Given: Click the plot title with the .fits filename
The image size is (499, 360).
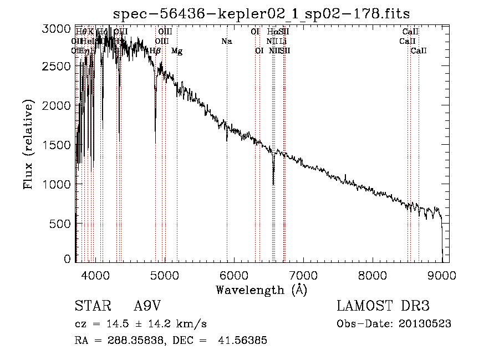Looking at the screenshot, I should click(x=261, y=13).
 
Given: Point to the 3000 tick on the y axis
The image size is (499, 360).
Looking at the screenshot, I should click(x=57, y=29).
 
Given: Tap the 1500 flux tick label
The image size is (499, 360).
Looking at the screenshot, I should click(x=57, y=145).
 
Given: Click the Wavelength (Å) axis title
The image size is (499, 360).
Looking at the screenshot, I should click(x=261, y=290).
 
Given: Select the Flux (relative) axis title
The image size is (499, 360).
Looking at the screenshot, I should click(x=28, y=144).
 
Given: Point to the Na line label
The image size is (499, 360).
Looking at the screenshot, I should click(x=226, y=41).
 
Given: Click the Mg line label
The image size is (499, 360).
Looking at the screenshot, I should click(x=177, y=51).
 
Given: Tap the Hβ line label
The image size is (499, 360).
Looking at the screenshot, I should click(x=155, y=51).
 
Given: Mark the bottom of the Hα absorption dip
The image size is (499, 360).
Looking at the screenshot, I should click(x=273, y=184).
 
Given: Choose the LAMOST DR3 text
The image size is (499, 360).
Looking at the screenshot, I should click(x=383, y=307).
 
